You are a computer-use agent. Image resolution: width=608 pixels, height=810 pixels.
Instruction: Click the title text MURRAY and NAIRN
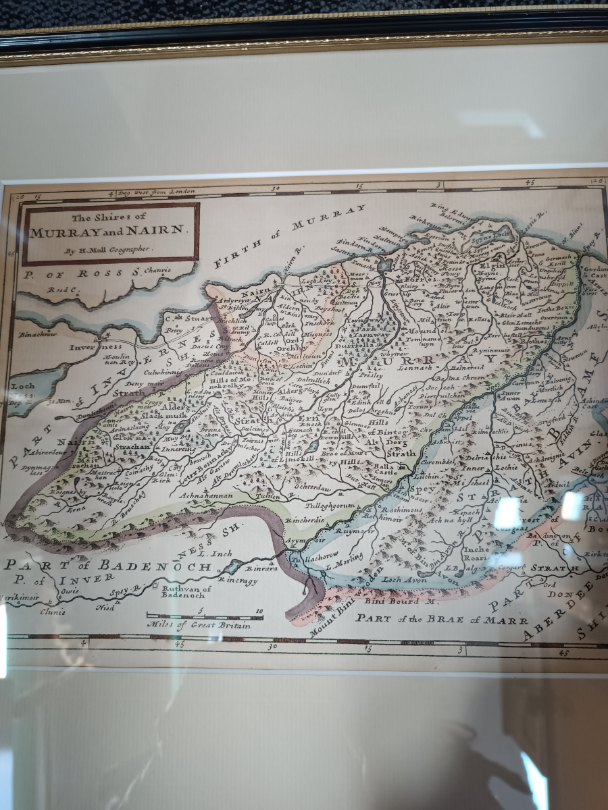pyautogui.click(x=110, y=230)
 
